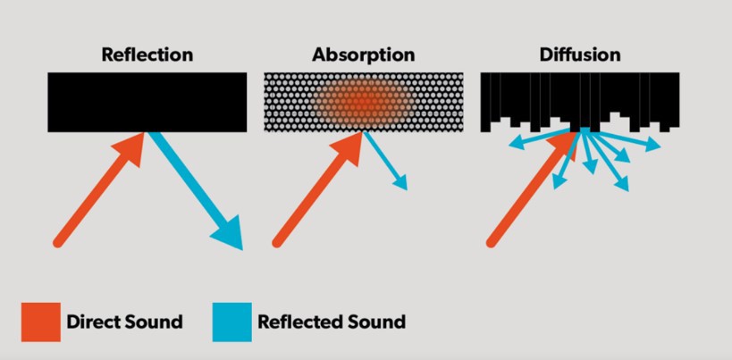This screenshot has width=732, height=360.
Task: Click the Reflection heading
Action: (147, 54)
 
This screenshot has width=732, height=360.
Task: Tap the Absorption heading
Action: (363, 55)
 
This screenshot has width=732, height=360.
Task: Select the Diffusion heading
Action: (580, 54)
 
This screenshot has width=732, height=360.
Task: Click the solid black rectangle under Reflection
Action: (147, 102)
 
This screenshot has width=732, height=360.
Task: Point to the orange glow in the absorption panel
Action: (363, 100)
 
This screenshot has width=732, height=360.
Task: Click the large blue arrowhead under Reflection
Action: (228, 232)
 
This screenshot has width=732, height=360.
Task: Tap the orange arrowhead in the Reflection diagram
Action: (130, 147)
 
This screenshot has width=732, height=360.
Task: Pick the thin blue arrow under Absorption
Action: (385, 161)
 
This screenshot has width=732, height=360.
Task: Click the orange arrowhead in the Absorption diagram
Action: (349, 147)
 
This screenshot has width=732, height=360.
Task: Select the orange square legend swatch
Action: (40, 322)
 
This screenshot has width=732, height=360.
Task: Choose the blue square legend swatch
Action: (232, 322)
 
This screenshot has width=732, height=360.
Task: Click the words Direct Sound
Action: (124, 322)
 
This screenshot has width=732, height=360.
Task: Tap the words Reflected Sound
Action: (332, 322)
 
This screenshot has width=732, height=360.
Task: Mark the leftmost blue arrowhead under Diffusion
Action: (515, 145)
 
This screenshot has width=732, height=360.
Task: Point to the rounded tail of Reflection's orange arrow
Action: (58, 242)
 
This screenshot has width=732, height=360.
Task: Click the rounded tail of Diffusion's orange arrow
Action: (491, 242)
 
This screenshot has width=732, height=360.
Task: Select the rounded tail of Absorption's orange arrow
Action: (277, 242)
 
